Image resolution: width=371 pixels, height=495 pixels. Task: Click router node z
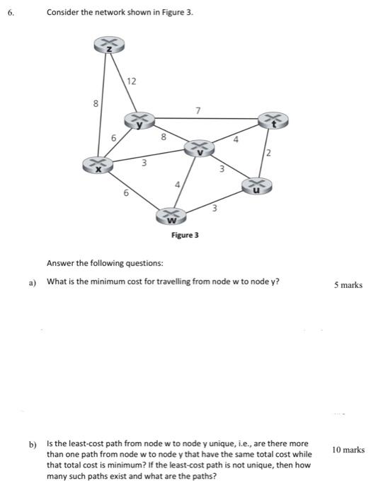(110, 45)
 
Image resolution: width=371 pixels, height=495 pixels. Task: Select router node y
(140, 120)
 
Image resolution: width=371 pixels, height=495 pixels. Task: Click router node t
(273, 120)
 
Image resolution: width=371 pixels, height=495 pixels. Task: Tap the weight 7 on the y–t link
(198, 110)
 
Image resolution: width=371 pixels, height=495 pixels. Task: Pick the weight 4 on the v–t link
(236, 140)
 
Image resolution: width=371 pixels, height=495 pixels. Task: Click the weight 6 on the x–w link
(126, 192)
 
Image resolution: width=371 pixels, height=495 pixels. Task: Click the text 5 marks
(348, 285)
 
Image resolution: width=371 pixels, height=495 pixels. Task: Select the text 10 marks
(348, 449)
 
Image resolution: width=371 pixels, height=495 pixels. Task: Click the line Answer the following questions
(104, 263)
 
